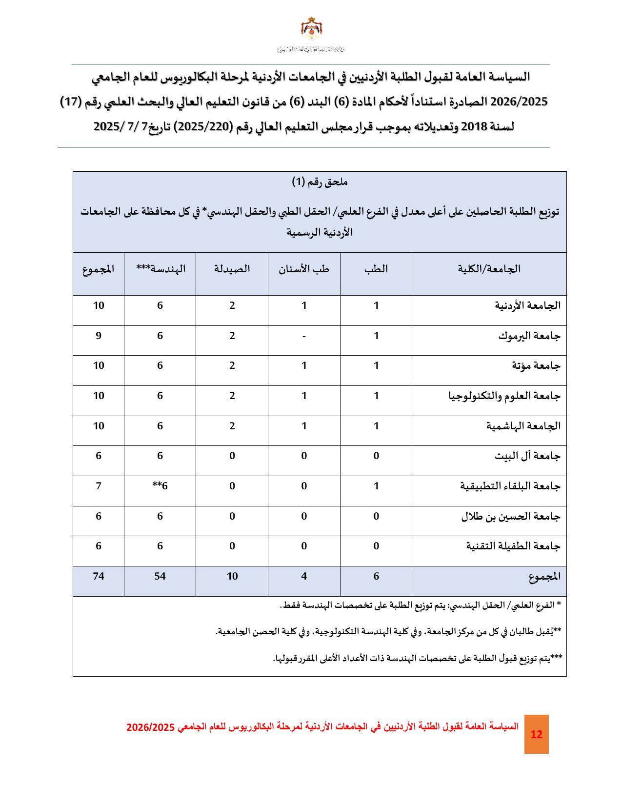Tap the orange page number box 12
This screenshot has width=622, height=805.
coord(536,734)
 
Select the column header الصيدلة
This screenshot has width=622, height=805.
coord(232,269)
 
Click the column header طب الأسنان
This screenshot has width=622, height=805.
coord(304,269)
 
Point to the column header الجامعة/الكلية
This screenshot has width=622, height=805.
coord(489,269)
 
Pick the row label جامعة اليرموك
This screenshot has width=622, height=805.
coord(529,336)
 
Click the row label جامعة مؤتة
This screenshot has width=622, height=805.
coord(536,366)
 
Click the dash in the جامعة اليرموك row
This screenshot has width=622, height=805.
coord(304,336)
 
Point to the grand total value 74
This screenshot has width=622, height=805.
coord(99,576)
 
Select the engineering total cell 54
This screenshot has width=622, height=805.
coord(160,576)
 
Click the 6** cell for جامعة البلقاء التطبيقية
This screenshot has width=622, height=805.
coord(160,486)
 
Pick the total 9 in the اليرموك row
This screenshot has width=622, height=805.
coord(99,336)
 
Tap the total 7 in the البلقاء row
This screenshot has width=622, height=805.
coord(99,486)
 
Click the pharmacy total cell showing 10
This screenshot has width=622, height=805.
coord(232,576)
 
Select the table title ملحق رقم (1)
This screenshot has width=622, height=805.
coord(320,182)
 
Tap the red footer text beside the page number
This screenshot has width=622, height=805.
coord(322,726)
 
